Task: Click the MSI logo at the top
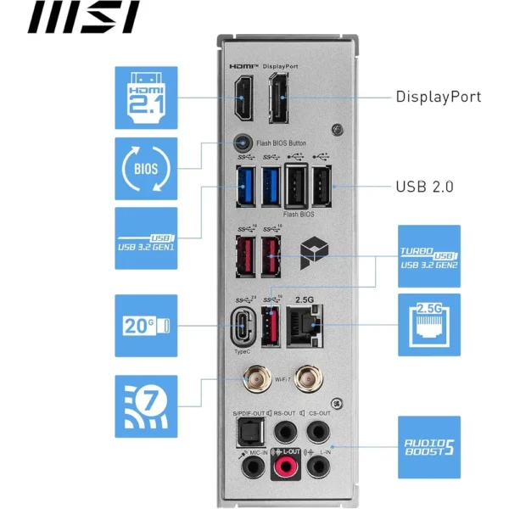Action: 84,17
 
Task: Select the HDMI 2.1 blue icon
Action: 146,98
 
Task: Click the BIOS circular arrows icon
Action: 146,168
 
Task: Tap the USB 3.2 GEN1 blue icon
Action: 146,238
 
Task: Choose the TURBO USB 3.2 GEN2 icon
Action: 429,255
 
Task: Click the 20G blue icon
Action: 146,325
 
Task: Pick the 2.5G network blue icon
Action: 429,325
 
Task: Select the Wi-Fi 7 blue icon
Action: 146,405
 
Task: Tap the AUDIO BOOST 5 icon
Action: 429,446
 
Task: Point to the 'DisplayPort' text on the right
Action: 438,96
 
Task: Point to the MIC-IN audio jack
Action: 246,466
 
